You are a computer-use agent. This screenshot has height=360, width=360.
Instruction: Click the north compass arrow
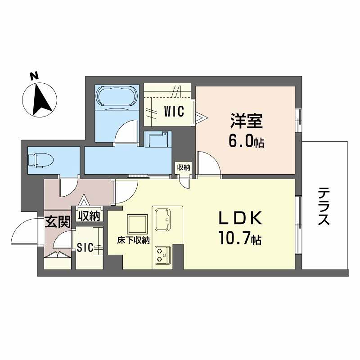[41, 98]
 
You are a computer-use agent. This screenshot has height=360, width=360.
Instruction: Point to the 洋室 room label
[247, 119]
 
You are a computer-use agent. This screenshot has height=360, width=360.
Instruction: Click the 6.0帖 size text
[247, 141]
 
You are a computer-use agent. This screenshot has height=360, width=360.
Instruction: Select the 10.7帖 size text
[242, 239]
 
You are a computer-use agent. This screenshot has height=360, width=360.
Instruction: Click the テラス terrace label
[326, 208]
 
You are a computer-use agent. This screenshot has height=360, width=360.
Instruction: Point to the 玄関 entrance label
[55, 221]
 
